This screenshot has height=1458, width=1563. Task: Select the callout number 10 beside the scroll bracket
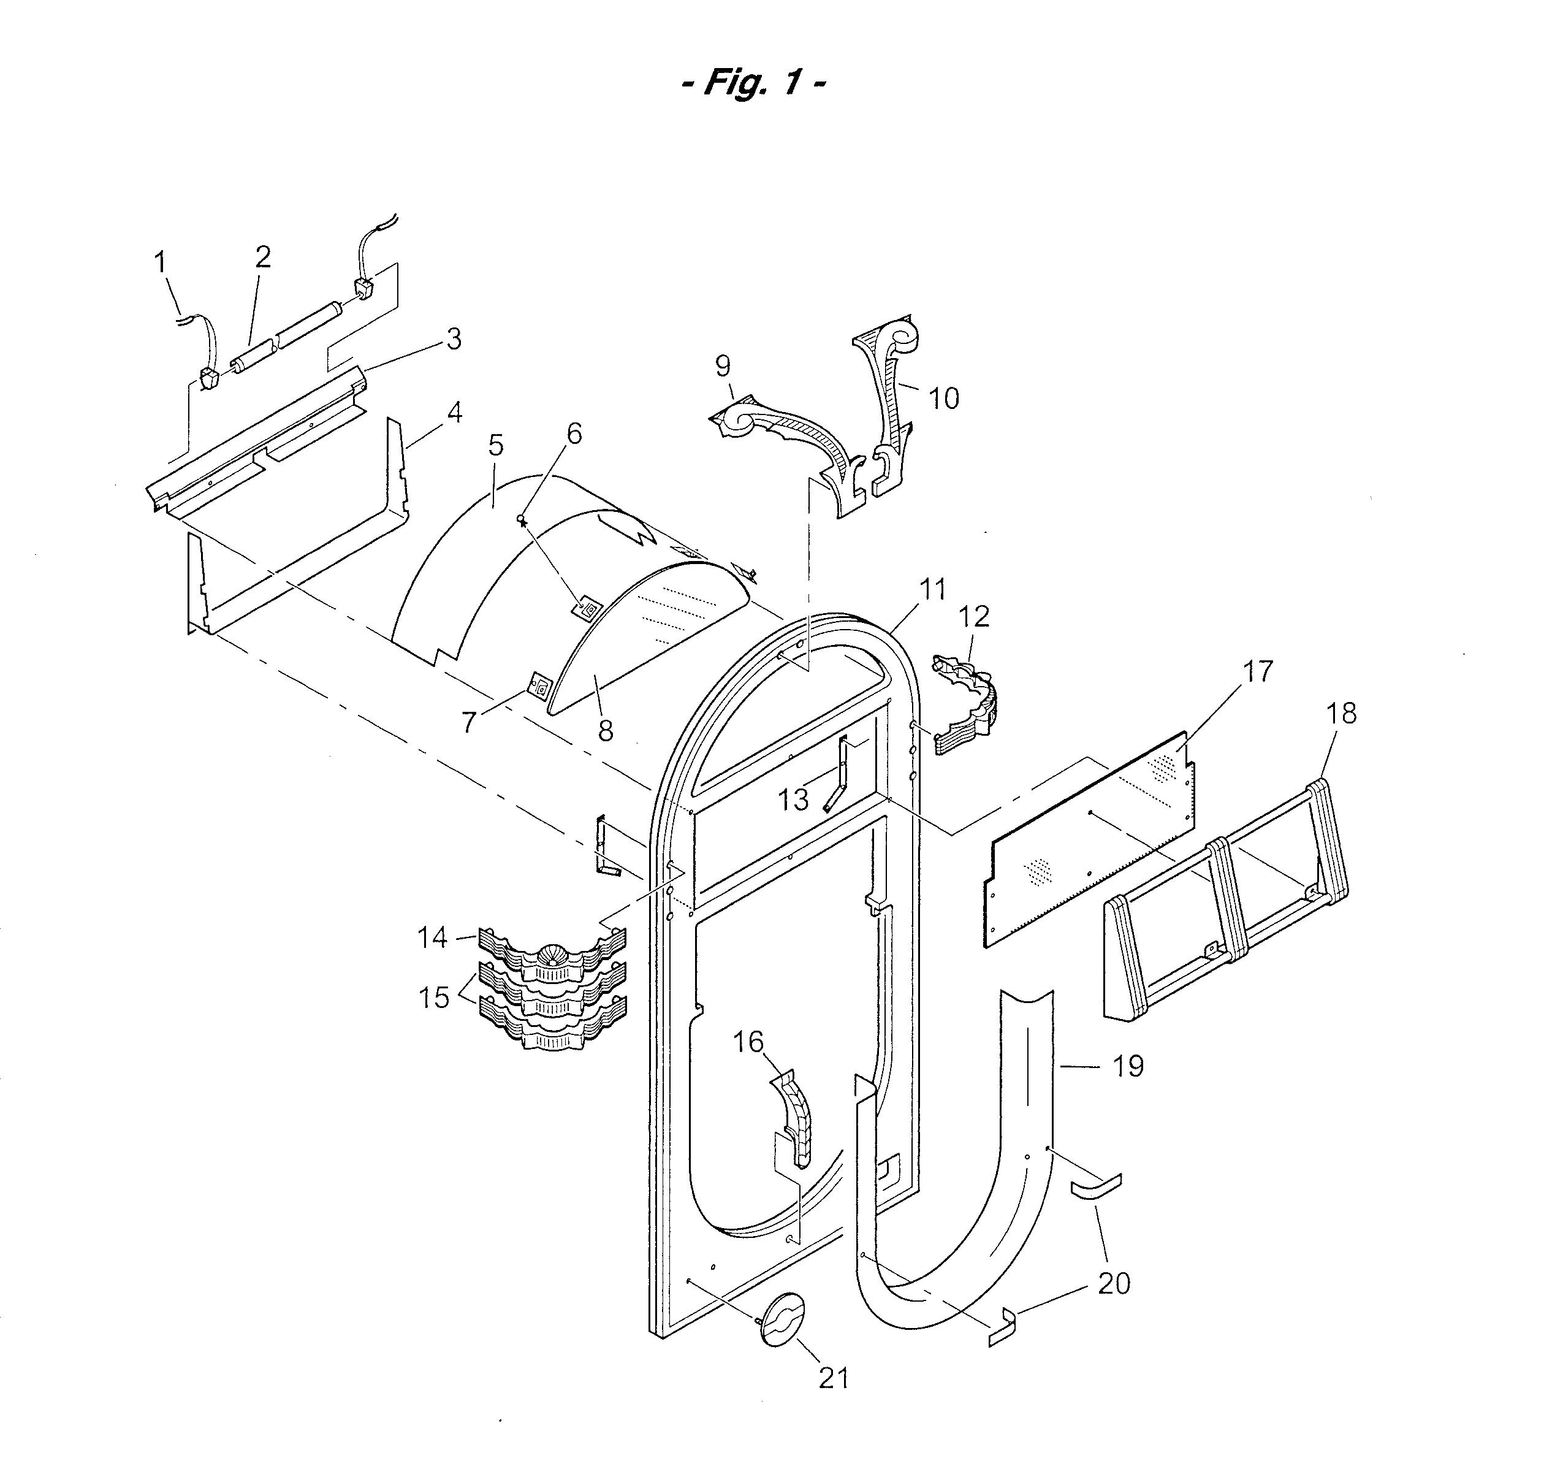tap(943, 398)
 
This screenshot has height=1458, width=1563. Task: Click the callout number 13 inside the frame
tap(793, 800)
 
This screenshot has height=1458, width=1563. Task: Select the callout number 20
tap(1113, 1283)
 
